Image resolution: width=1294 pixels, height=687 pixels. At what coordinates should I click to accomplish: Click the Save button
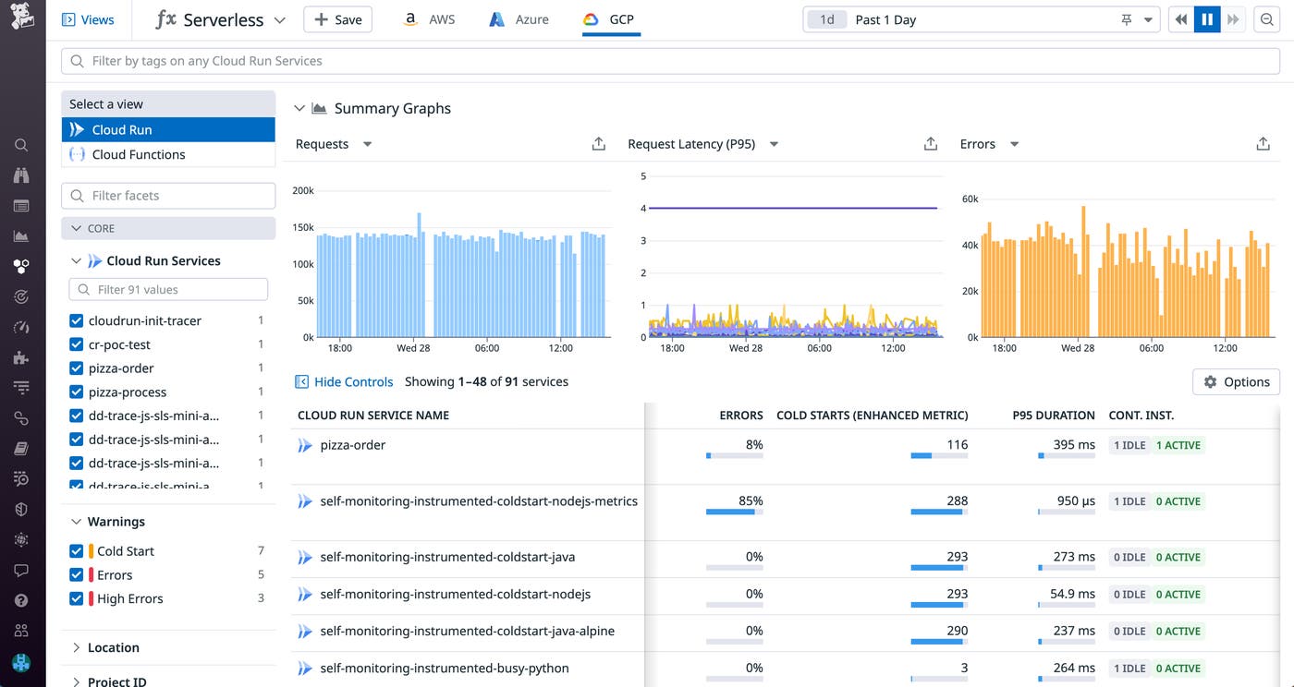tap(337, 19)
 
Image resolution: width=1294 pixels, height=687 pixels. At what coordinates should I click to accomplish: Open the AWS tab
tap(430, 19)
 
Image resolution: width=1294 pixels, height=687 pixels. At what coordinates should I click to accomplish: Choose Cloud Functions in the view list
tap(139, 154)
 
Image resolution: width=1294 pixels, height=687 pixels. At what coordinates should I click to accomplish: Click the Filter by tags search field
tap(670, 61)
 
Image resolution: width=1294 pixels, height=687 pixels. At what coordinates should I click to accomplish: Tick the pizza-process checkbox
tap(77, 392)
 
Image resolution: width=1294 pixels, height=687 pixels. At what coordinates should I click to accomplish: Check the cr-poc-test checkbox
tap(77, 344)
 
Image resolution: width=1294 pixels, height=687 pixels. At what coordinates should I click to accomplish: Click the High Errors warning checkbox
tap(77, 598)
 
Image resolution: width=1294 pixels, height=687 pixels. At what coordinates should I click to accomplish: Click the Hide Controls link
tap(353, 381)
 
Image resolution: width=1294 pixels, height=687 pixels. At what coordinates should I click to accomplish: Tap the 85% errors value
tap(751, 500)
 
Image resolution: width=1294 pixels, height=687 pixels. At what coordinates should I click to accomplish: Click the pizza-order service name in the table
tap(352, 445)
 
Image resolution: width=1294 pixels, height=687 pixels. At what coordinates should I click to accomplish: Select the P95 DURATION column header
tap(1053, 416)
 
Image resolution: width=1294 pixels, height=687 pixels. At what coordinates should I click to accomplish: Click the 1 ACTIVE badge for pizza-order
tap(1178, 445)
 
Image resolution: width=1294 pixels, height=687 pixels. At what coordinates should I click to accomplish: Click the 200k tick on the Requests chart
tap(303, 190)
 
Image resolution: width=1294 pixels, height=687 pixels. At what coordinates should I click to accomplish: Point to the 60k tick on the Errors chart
tap(970, 199)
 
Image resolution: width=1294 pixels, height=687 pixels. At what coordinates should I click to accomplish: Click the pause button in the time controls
tap(1207, 19)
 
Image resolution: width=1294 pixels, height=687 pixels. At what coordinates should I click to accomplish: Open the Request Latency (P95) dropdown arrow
tap(774, 144)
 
